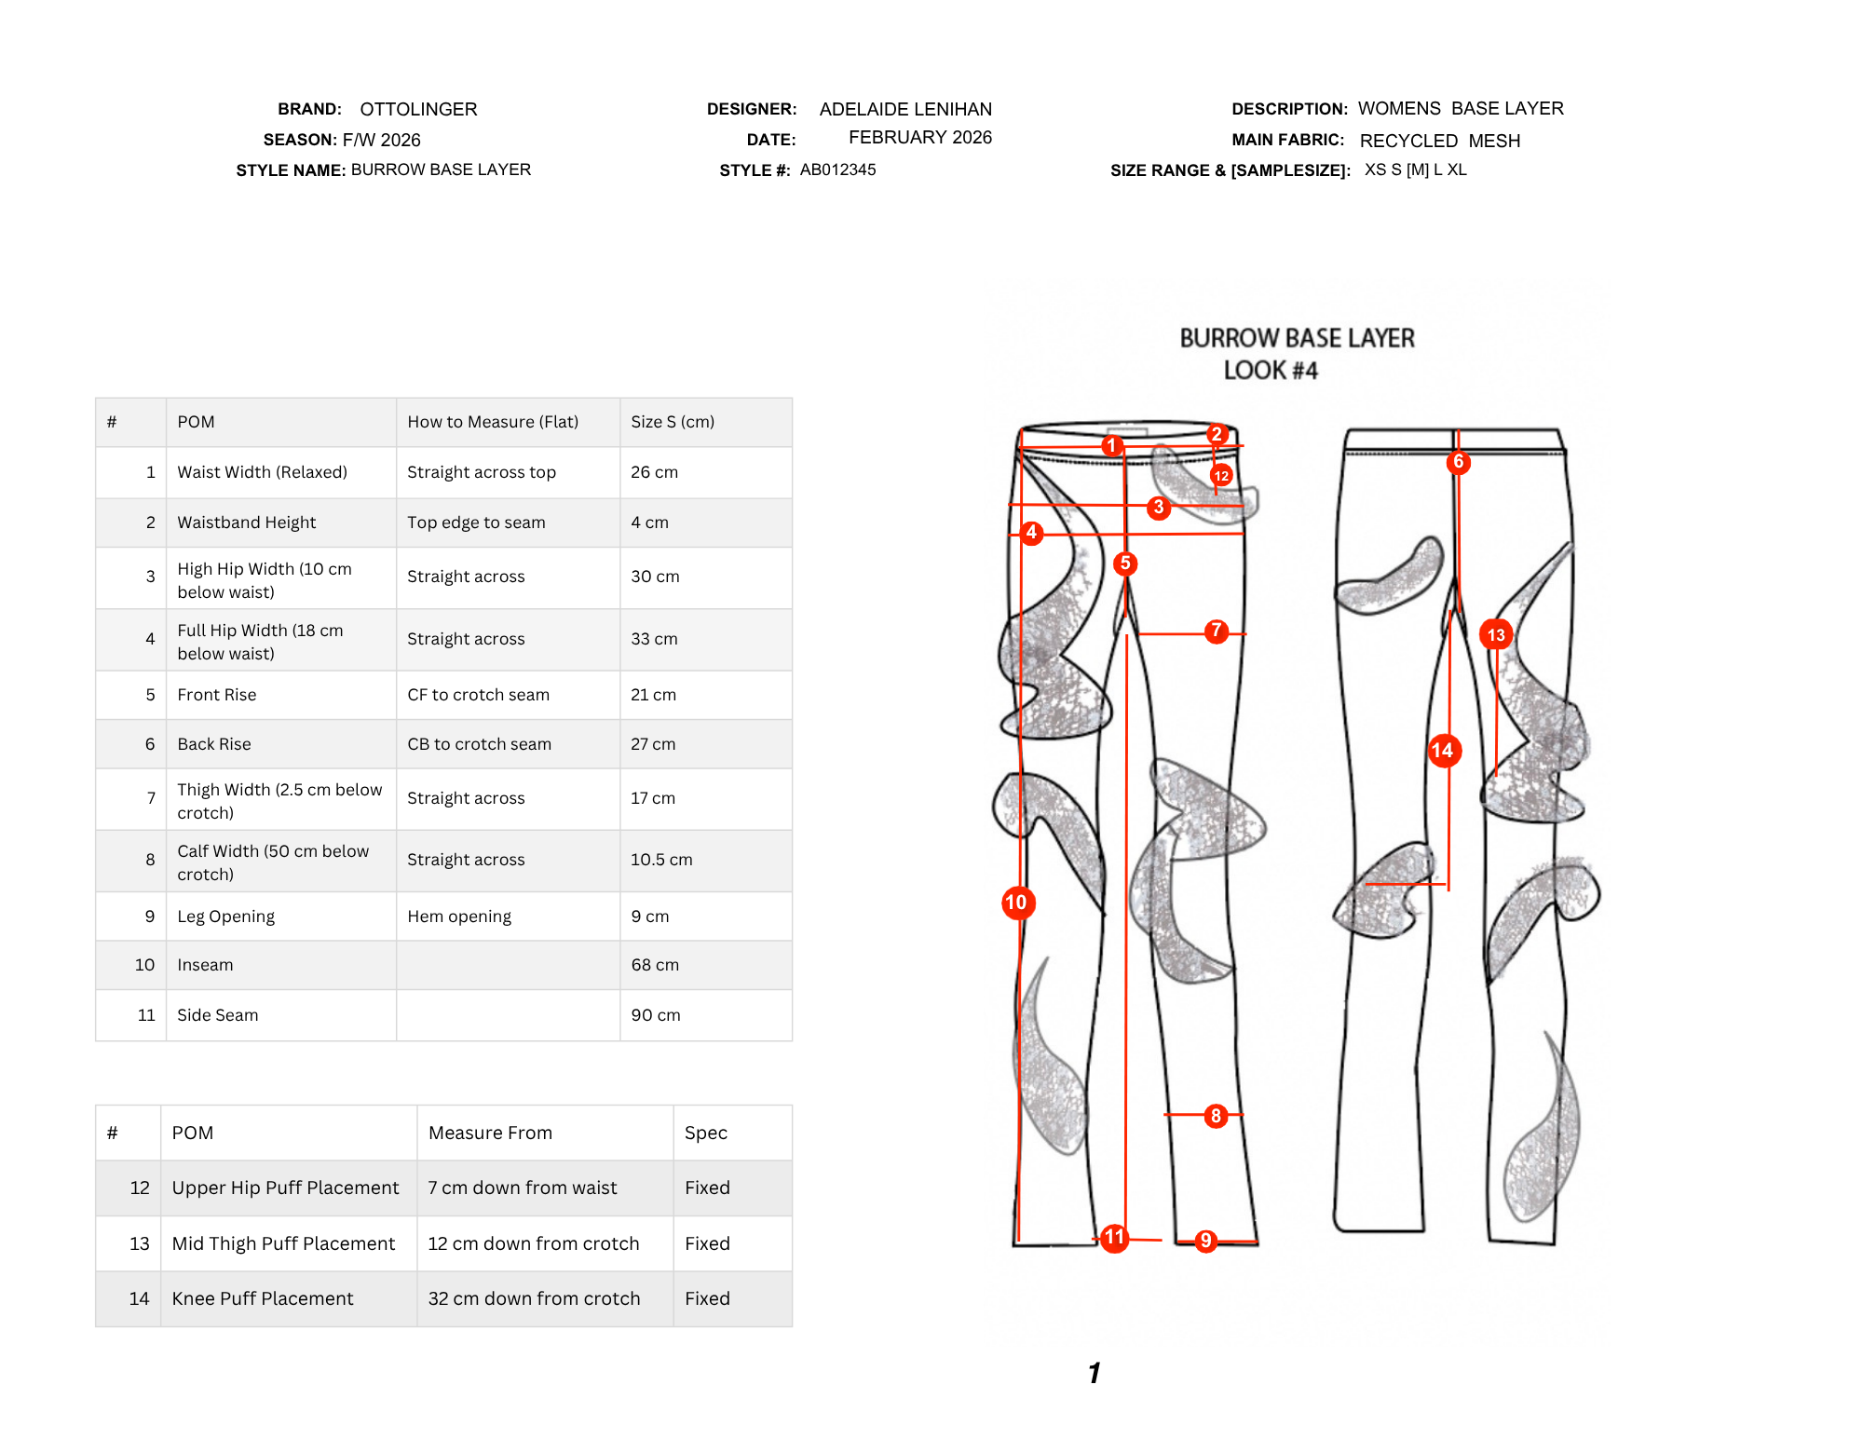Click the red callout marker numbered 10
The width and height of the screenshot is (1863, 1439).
(x=1018, y=903)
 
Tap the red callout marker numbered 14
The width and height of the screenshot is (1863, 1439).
(x=1444, y=751)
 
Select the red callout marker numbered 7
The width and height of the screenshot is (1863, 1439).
(x=1216, y=631)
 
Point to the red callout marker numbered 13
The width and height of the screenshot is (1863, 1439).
(x=1496, y=635)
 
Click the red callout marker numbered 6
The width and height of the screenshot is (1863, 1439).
(x=1459, y=462)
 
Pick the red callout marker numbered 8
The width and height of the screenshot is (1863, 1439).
(x=1216, y=1116)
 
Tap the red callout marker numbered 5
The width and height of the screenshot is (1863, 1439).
(x=1125, y=563)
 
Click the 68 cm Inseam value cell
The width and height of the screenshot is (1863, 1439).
(x=655, y=965)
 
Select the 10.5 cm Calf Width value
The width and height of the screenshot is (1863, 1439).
(x=661, y=860)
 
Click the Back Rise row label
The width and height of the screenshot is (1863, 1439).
(x=214, y=744)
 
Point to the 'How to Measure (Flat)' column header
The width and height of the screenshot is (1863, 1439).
(x=493, y=422)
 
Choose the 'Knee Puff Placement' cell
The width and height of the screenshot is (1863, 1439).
(x=263, y=1298)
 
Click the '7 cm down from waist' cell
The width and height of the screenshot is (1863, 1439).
(x=523, y=1188)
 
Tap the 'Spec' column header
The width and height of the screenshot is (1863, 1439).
(x=706, y=1133)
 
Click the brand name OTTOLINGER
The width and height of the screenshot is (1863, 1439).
(x=418, y=109)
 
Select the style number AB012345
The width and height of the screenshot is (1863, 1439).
(x=837, y=170)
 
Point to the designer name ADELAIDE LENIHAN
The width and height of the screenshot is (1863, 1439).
(x=905, y=109)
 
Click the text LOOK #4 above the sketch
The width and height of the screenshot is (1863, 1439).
(x=1271, y=371)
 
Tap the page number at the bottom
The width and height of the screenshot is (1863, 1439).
(x=1095, y=1373)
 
